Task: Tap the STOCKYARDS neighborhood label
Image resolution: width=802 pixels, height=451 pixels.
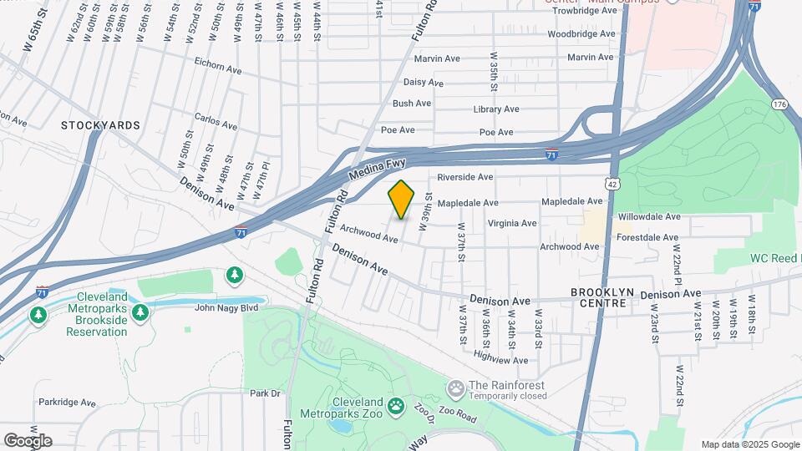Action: [100, 125]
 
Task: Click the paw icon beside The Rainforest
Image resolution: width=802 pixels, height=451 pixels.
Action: [455, 388]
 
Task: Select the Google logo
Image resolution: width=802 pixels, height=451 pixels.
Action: [28, 440]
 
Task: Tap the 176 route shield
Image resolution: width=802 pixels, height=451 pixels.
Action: [779, 104]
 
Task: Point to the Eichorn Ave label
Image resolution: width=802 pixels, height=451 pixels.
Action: [216, 62]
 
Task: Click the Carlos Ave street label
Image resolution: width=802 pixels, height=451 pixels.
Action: [216, 123]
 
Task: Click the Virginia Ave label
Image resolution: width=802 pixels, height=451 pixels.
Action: [511, 223]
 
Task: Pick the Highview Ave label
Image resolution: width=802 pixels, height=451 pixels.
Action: [501, 360]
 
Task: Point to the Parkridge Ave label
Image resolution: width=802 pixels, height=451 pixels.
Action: [65, 402]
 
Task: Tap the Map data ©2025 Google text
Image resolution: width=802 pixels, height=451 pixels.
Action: [749, 444]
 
